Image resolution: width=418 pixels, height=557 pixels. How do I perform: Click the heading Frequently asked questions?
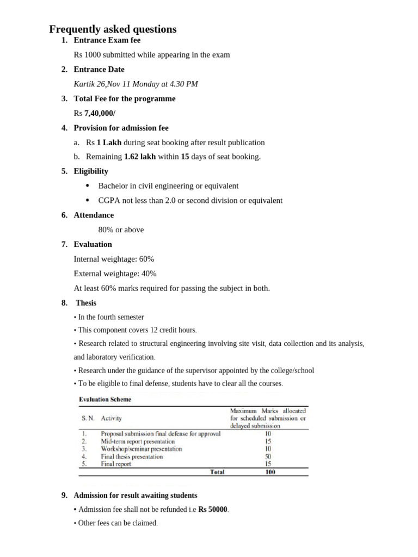pos(113,29)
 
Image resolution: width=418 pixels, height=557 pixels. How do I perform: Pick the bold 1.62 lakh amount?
pos(140,157)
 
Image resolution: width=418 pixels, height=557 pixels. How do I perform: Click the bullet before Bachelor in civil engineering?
pos(87,186)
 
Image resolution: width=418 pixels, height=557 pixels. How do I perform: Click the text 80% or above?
pos(121,230)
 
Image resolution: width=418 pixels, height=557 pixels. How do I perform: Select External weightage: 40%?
pos(115,274)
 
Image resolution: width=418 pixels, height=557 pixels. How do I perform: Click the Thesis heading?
pos(86,303)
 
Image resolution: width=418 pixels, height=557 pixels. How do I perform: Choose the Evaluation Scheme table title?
pos(105,399)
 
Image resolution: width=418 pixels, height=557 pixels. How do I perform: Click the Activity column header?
pos(112,418)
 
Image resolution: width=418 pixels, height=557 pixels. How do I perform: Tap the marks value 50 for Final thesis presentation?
pos(268,457)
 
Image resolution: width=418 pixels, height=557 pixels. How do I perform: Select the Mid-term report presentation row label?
pos(138,442)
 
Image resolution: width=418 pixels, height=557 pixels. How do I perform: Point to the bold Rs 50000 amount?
pos(213,510)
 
